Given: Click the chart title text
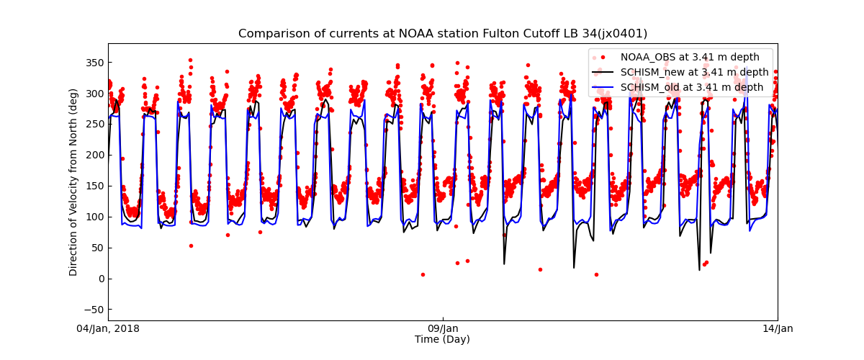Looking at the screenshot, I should [x=443, y=34].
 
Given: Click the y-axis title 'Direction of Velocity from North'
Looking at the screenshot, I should [x=73, y=182].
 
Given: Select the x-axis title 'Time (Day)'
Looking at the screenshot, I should [x=442, y=339].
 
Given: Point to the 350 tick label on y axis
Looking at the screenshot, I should [x=94, y=63].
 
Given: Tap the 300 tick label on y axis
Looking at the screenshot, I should [x=94, y=94].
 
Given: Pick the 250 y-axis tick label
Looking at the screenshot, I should [x=94, y=125].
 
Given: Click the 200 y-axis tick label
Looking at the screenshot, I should [x=94, y=155].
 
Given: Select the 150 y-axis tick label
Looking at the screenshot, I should [x=94, y=186].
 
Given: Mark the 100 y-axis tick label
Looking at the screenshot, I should [x=94, y=217].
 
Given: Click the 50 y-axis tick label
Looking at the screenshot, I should [x=96, y=248].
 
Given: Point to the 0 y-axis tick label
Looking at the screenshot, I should [x=99, y=279].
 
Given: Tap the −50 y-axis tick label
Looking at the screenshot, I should [x=94, y=310].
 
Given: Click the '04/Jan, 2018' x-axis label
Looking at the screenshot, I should [x=109, y=329].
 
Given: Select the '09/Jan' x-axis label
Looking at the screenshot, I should [x=442, y=329].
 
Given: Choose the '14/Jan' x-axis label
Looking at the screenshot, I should [x=777, y=329].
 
